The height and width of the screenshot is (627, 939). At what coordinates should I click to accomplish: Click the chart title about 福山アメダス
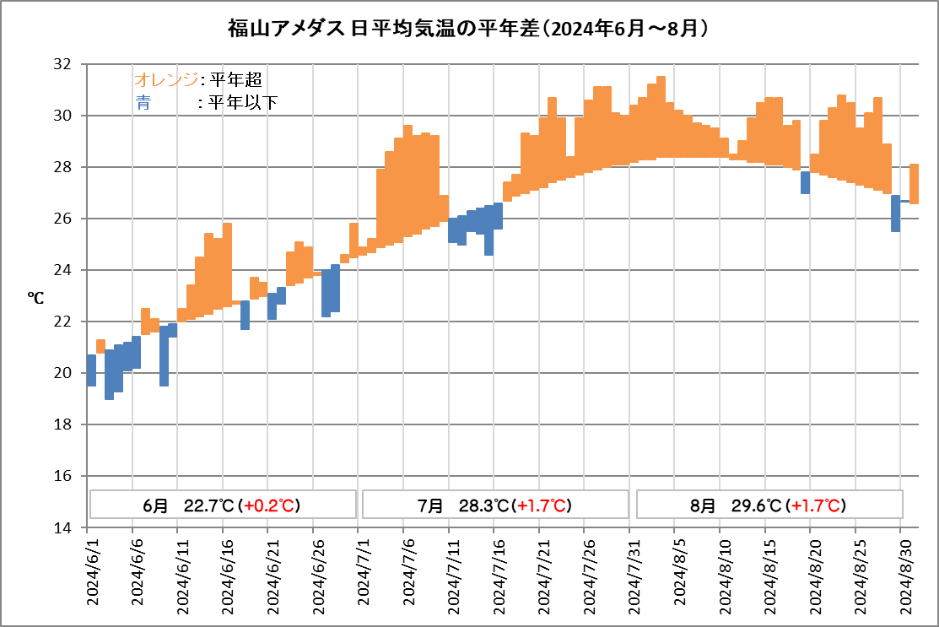(468, 28)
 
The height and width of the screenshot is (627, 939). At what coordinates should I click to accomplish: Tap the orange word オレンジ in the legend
(166, 80)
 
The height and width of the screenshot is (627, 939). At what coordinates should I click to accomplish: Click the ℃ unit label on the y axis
(36, 297)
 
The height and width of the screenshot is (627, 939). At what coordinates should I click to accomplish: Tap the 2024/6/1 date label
(93, 575)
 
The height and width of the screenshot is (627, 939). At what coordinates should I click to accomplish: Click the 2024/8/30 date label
(901, 575)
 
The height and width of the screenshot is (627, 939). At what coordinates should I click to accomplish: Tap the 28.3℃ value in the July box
(483, 505)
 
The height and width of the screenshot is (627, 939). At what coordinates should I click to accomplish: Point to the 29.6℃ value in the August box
(756, 505)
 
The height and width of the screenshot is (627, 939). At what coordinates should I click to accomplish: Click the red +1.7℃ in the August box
(815, 505)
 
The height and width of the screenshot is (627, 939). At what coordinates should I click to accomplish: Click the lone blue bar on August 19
(806, 182)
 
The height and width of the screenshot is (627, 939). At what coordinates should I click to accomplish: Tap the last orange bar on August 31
(914, 183)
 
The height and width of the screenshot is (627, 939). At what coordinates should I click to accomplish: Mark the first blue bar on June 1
(91, 370)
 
